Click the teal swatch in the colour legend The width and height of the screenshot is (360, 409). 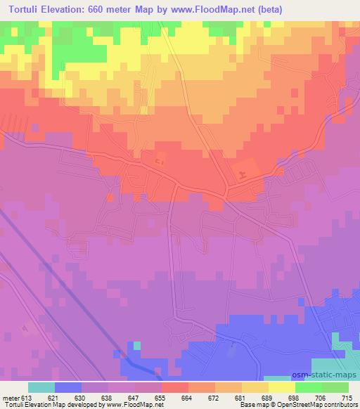coord(41,387)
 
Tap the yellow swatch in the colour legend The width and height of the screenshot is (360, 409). coord(281,387)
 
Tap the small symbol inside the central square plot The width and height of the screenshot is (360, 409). coord(160,163)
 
